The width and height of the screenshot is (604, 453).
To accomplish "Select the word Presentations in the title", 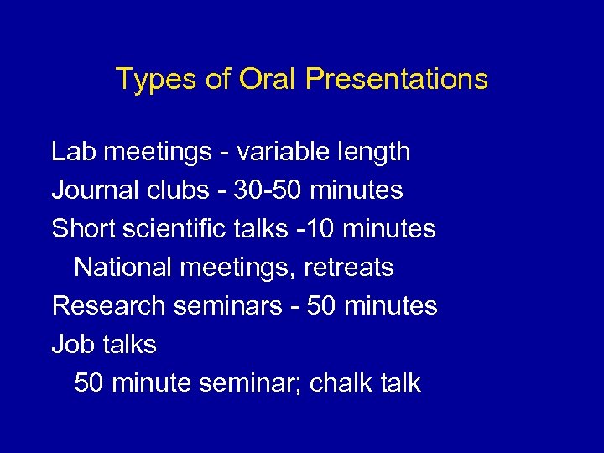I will (x=397, y=79).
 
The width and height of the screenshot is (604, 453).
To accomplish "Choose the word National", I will (x=121, y=268).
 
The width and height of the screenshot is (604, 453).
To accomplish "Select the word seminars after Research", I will (x=227, y=306).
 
